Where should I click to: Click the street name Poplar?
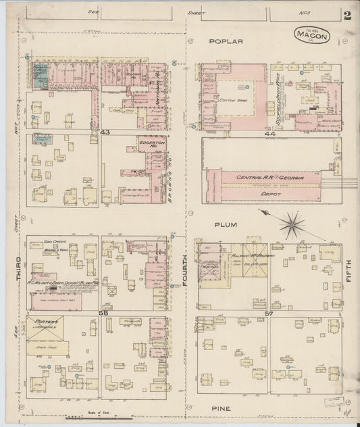click(226, 41)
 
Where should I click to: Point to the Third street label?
click(18, 268)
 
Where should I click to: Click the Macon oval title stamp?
click(311, 34)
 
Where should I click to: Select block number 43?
click(104, 132)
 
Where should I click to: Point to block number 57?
click(269, 314)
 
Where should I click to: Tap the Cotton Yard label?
click(233, 99)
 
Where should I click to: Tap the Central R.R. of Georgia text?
click(269, 177)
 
